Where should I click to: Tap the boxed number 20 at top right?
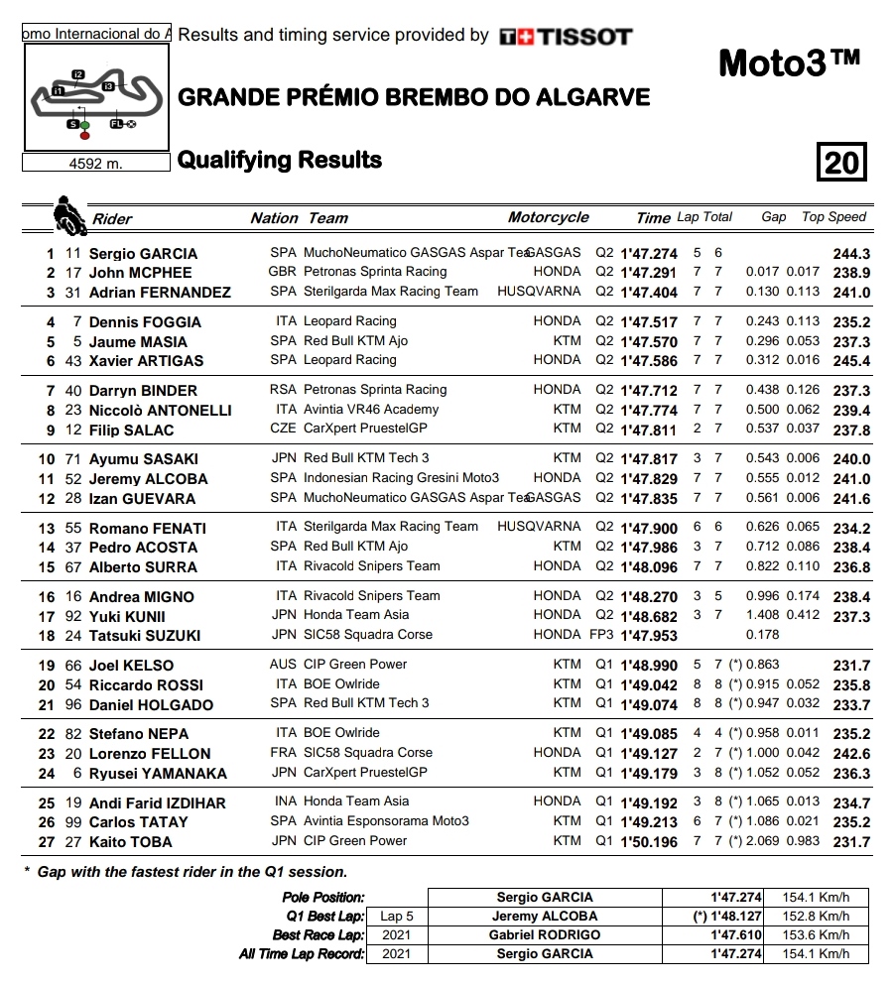click(x=841, y=162)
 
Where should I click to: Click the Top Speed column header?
click(x=833, y=217)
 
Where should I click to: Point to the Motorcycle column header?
click(x=548, y=217)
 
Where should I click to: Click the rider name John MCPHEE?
click(x=140, y=273)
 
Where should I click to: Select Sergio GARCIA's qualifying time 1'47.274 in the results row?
click(x=649, y=254)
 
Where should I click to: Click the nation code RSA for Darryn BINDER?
click(x=283, y=390)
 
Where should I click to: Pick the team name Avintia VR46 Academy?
click(x=371, y=410)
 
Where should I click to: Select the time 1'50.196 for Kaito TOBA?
click(x=649, y=842)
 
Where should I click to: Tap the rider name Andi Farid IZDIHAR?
click(x=157, y=803)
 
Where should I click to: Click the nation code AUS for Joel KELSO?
click(x=283, y=665)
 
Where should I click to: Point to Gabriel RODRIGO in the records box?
click(x=545, y=935)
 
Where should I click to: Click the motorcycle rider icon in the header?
click(x=69, y=213)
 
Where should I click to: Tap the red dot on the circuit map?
click(x=84, y=135)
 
